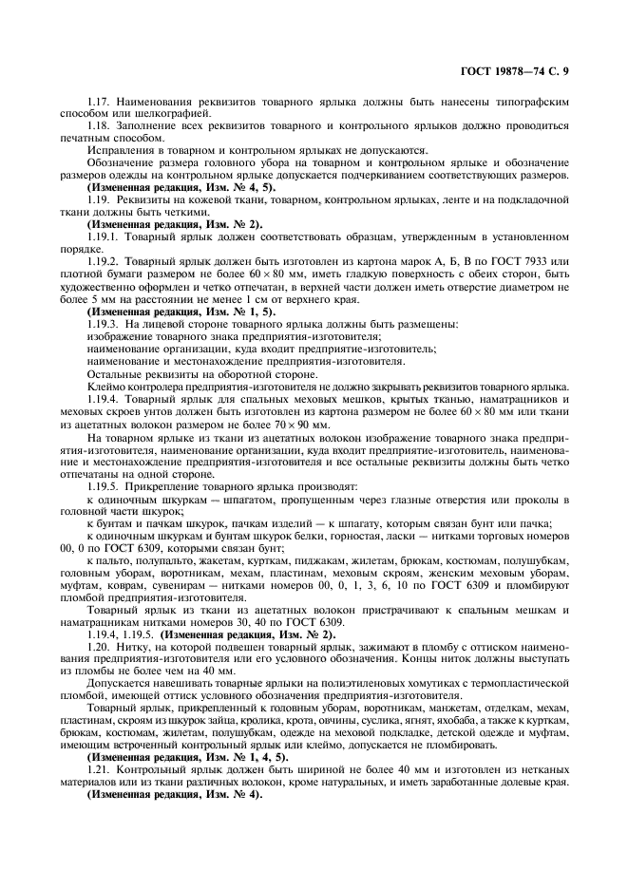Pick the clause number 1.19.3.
coord(104,325)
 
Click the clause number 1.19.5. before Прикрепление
coord(104,486)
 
